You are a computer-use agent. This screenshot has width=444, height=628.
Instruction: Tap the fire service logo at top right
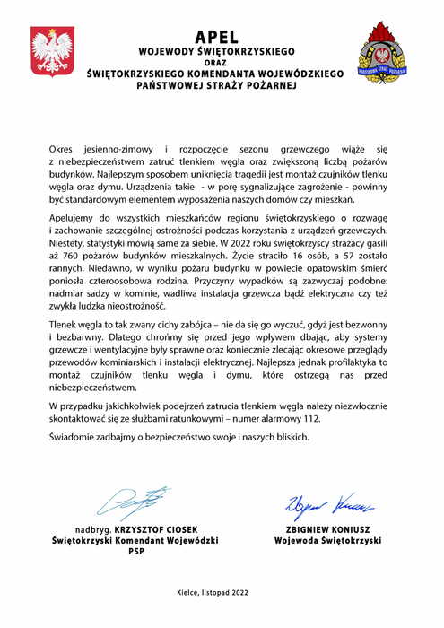pos(380,51)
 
